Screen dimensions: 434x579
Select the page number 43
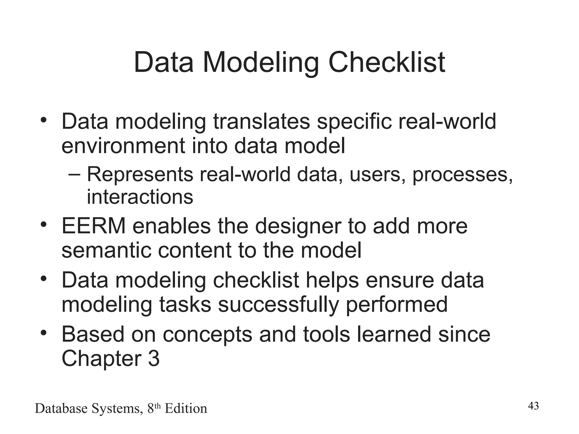[533, 406]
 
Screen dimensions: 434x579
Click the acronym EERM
[94, 226]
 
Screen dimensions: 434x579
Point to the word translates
[262, 121]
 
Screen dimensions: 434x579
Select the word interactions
[140, 197]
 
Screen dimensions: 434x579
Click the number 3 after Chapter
[154, 359]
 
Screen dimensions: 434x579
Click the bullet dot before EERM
[43, 225]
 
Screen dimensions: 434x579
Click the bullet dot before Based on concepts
[43, 333]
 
